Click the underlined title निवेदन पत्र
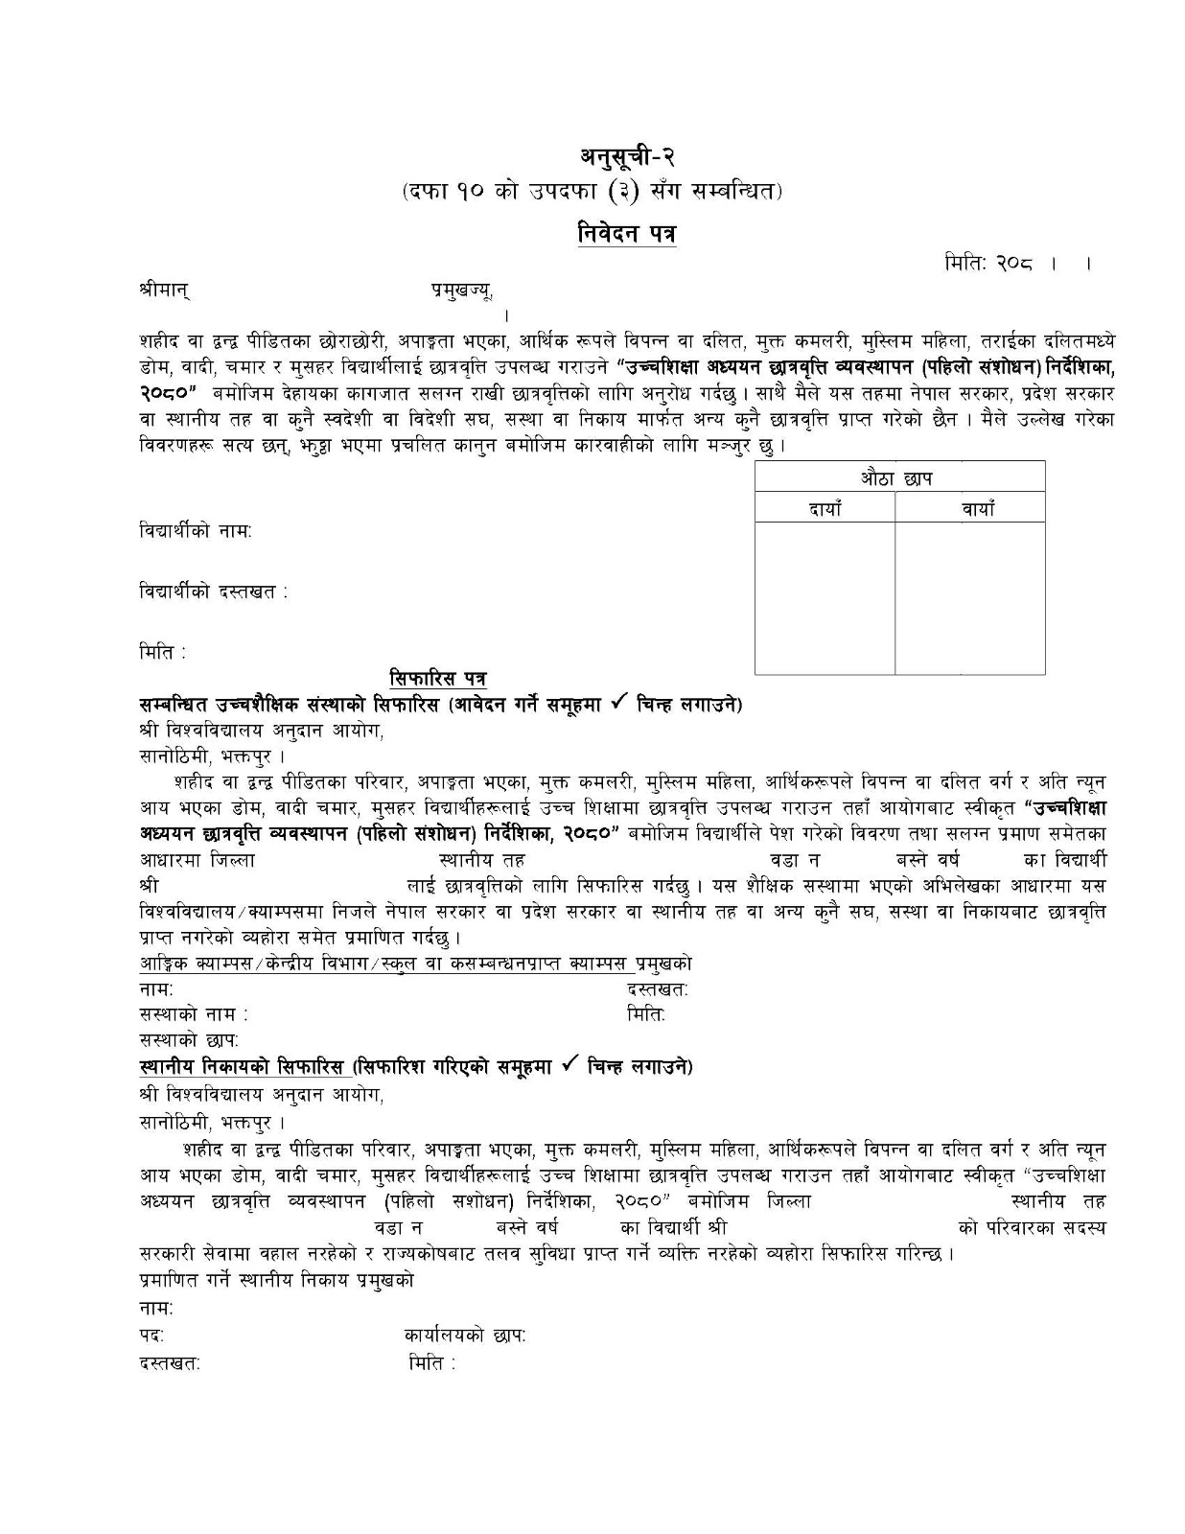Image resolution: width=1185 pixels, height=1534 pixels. coord(628,234)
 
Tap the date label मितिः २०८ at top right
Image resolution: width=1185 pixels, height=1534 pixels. coord(987,264)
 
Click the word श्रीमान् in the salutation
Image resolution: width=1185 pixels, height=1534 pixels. coord(164,290)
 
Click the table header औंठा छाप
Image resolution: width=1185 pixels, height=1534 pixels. coord(898,477)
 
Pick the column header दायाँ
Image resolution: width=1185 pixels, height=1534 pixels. coord(825,509)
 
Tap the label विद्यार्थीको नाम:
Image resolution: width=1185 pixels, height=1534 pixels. coord(196,531)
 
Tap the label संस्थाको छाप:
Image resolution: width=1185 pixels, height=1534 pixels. coord(189,1039)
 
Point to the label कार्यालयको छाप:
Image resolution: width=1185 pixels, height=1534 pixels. coord(465,1336)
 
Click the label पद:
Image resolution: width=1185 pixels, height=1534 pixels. coord(151,1336)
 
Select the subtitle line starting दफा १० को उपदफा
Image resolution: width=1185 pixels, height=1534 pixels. coord(592,193)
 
